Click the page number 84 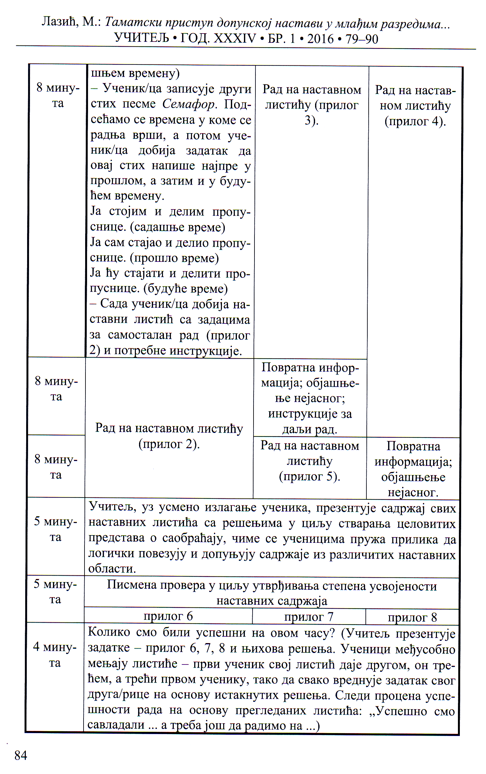(21, 755)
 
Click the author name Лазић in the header (60, 22)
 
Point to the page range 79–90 (362, 39)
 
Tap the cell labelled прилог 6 (168, 616)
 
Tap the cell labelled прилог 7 (308, 617)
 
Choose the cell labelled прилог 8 (412, 617)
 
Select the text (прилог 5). (309, 476)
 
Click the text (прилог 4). (415, 121)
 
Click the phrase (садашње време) (178, 227)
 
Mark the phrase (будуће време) (186, 288)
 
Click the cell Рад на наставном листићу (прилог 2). (169, 436)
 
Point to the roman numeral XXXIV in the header (235, 39)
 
